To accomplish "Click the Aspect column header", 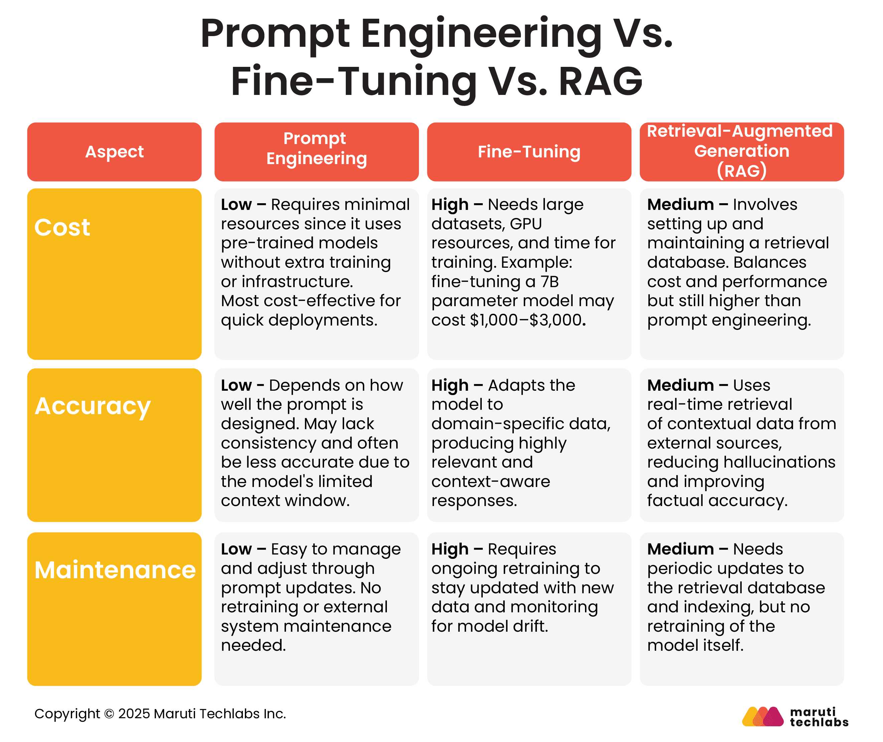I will point(114,152).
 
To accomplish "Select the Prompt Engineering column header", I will point(316,148).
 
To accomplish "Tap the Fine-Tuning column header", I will point(529,152).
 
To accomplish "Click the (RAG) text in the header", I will point(742,171).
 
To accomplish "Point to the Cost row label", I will point(62,228).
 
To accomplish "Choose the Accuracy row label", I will point(93,406).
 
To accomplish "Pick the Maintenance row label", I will point(115,571).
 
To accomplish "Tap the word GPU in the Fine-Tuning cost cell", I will point(526,224).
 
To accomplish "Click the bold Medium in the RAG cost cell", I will point(680,205).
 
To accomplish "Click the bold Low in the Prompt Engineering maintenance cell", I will point(236,549).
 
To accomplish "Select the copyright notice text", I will point(160,714).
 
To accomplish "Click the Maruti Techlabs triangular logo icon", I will point(762,716).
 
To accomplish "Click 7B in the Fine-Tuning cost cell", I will point(549,282).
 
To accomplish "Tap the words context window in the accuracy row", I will point(285,501).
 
